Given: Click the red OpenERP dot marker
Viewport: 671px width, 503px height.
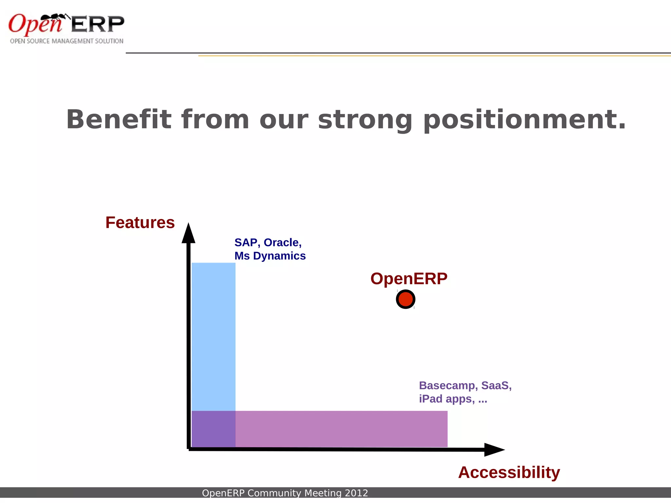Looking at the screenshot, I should (x=406, y=299).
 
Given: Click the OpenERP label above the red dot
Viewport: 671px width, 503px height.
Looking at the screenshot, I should (x=409, y=279).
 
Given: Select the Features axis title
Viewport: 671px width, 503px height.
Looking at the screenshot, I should (x=140, y=223).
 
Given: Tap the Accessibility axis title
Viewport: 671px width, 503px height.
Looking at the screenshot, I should (x=509, y=472).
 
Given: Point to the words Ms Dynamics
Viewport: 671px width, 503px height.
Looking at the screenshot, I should (x=270, y=256).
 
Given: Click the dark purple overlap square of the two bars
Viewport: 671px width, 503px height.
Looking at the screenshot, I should (x=213, y=429).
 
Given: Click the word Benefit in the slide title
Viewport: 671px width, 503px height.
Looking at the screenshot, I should (x=119, y=120).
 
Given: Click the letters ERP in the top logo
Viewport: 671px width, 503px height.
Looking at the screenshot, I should (x=98, y=24).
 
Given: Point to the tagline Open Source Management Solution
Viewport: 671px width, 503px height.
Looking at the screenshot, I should (x=67, y=41).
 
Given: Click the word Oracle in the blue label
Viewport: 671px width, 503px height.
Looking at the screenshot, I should (x=282, y=243).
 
